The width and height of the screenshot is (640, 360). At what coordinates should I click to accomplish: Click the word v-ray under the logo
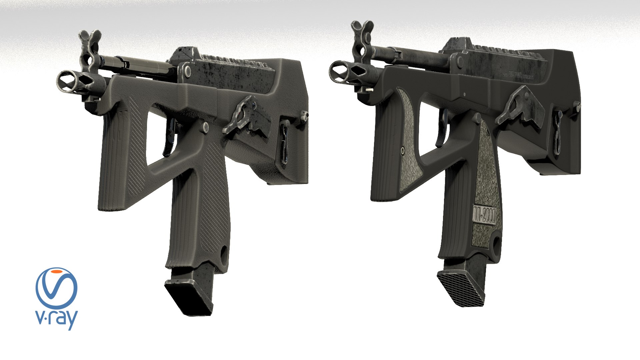pos(56,319)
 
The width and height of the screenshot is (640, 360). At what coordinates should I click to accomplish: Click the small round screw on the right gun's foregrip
pos(402,151)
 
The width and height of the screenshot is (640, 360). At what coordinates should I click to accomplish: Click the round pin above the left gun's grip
pos(205,126)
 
